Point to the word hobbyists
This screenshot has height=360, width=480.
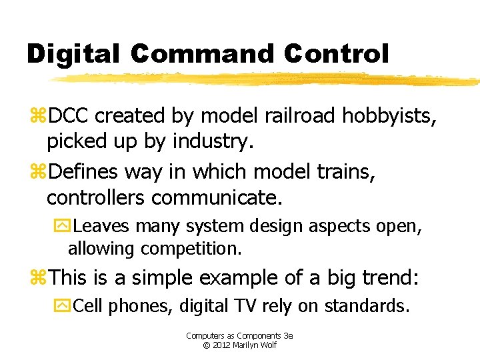[390, 116]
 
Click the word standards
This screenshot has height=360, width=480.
[366, 306]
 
